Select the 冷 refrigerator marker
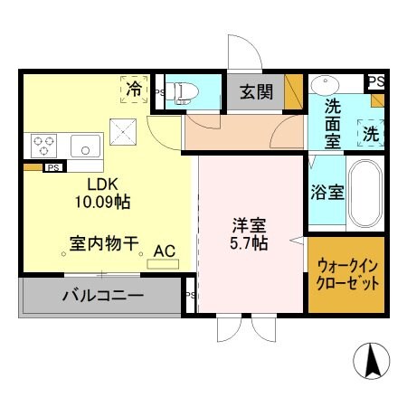click(x=134, y=89)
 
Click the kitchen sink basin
click(x=85, y=144)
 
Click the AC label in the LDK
click(x=164, y=251)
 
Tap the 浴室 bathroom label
click(x=327, y=192)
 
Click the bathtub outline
click(x=367, y=194)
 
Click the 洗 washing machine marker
click(x=371, y=132)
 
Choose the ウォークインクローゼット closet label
click(x=347, y=274)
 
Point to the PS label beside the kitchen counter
click(x=53, y=167)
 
